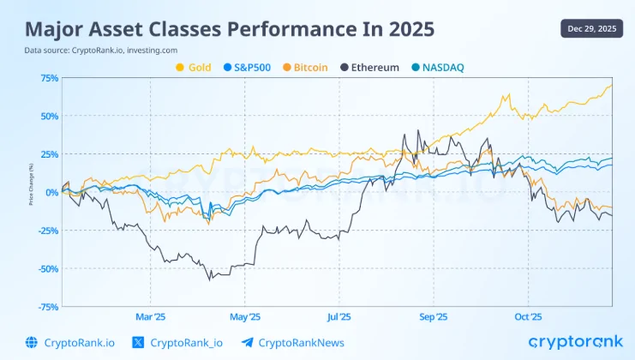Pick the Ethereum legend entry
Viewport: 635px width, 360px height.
(x=369, y=67)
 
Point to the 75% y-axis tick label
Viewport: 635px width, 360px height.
(x=49, y=78)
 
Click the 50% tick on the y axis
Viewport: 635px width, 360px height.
(x=49, y=116)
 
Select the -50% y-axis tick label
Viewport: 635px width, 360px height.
(x=47, y=268)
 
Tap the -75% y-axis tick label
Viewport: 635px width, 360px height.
(x=47, y=306)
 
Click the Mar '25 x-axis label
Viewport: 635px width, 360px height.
(x=150, y=316)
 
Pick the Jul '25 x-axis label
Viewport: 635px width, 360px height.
(x=339, y=316)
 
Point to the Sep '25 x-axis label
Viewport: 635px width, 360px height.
(x=434, y=316)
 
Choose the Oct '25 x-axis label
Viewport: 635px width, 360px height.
(x=528, y=316)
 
